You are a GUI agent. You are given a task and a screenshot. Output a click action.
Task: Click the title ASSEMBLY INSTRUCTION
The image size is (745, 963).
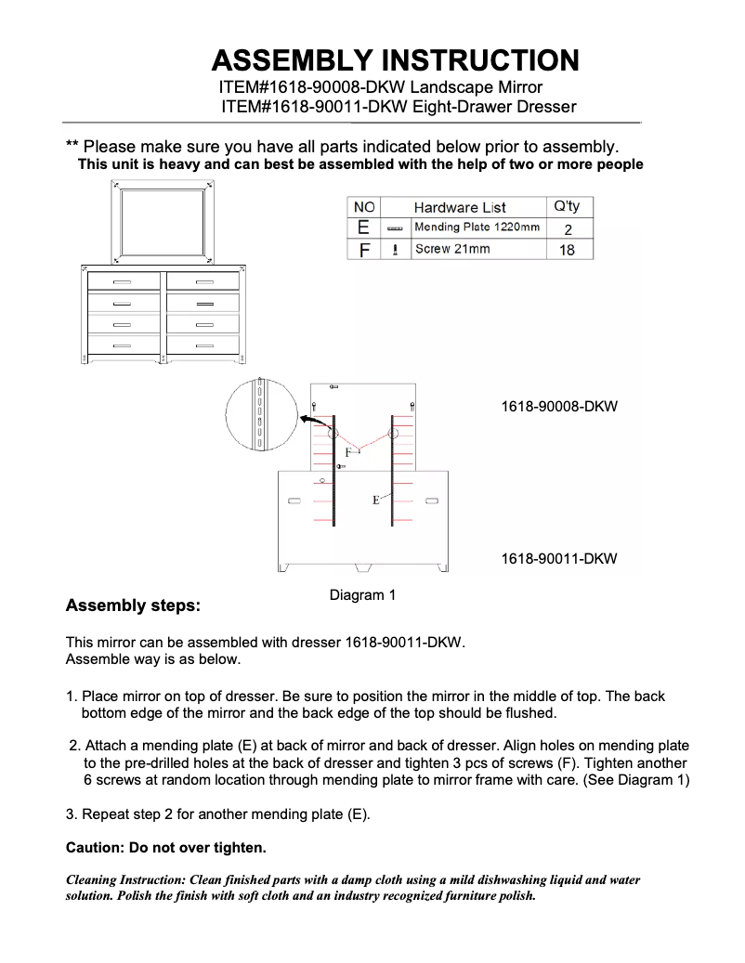click(395, 61)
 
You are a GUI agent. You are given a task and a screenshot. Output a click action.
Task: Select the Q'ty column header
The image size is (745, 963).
click(566, 206)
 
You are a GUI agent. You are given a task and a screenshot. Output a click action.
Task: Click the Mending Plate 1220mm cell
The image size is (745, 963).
click(477, 228)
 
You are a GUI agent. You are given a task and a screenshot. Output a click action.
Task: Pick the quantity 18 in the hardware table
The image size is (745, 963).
click(567, 250)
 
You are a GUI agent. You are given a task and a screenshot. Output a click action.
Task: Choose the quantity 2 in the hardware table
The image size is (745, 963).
click(567, 228)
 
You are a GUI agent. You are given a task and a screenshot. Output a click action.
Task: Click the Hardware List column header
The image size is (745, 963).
click(460, 207)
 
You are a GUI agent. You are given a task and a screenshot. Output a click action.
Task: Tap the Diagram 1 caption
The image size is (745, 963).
click(362, 594)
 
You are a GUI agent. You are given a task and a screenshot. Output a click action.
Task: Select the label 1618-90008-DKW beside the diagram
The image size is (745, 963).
click(558, 407)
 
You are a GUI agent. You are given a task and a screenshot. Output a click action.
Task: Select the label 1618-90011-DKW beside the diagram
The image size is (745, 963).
click(558, 559)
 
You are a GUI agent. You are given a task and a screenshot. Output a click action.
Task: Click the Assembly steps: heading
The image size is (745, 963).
click(133, 606)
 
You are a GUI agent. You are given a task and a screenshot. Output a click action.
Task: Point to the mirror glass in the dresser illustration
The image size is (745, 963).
click(163, 223)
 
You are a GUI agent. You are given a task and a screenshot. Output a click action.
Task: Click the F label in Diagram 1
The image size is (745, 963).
click(349, 451)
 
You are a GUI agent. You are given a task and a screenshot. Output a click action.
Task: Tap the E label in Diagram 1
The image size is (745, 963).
click(375, 500)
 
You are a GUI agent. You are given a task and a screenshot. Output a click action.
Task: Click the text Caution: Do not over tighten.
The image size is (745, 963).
click(166, 848)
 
